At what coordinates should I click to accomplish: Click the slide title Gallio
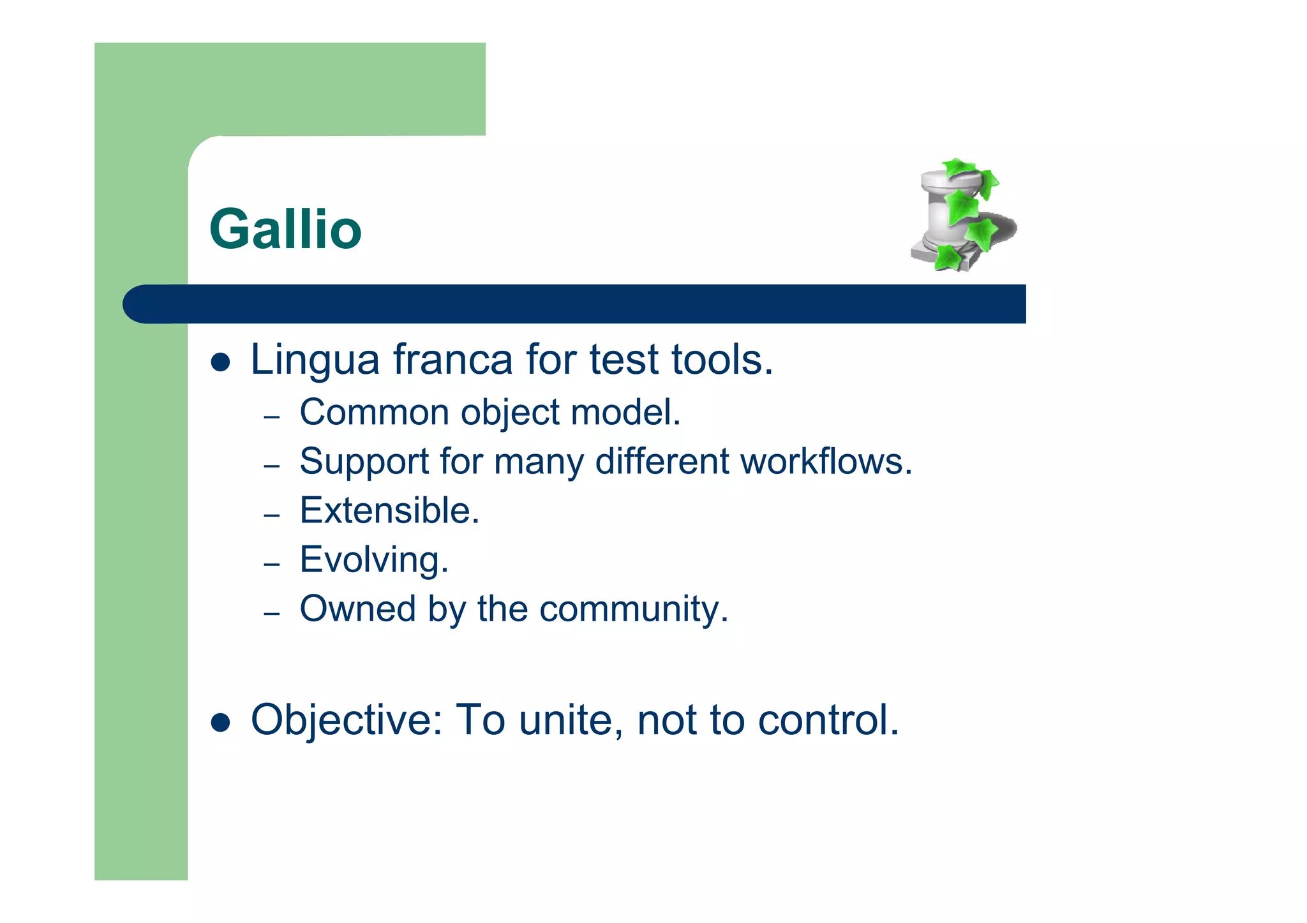[285, 230]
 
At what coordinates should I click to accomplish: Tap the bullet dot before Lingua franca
[220, 362]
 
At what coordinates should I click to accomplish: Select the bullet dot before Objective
[220, 723]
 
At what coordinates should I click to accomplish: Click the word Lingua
[315, 360]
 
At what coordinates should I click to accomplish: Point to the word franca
[452, 359]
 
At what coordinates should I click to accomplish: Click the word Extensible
[389, 510]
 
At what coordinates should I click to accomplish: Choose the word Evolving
[374, 560]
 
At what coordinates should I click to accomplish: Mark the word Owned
[357, 609]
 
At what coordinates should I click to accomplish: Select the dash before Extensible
[272, 515]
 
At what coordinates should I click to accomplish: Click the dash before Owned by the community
[272, 614]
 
